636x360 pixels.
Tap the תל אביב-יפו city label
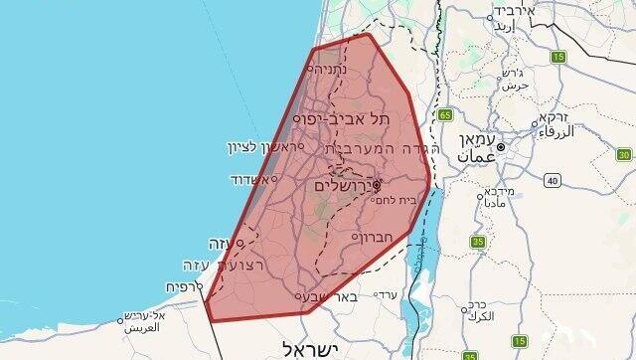(x=369, y=118)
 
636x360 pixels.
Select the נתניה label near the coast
(x=330, y=70)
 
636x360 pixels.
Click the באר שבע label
(x=330, y=295)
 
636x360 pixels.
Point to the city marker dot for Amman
(x=503, y=148)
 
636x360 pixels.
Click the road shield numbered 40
(x=552, y=179)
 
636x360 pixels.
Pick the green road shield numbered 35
(x=478, y=242)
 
